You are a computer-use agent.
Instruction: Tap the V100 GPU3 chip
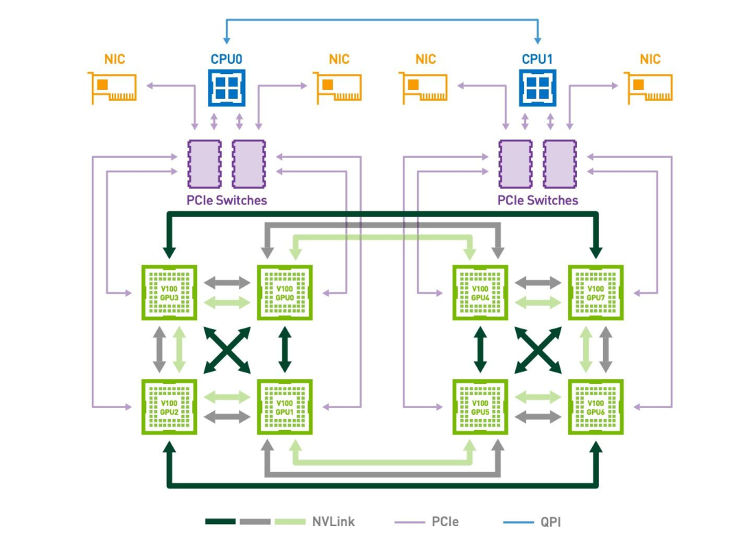click(x=169, y=293)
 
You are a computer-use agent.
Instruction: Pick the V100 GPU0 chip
click(x=285, y=293)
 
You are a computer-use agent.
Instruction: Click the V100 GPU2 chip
click(x=169, y=407)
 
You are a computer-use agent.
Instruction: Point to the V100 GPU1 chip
click(x=285, y=407)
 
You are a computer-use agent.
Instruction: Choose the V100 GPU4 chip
click(x=480, y=293)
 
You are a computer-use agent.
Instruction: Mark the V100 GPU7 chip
click(x=596, y=293)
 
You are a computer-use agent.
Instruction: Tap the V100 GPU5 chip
click(x=480, y=407)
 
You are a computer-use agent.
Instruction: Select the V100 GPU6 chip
click(x=596, y=407)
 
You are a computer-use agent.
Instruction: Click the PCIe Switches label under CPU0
click(x=227, y=200)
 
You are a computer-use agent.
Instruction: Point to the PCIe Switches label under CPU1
click(x=538, y=200)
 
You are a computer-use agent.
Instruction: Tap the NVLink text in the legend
click(x=333, y=521)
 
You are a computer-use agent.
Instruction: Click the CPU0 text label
click(x=227, y=59)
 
